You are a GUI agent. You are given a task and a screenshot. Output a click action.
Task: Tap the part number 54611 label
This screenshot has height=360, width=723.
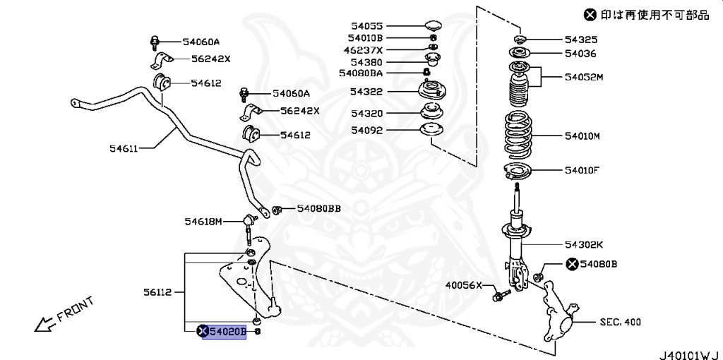point(123,148)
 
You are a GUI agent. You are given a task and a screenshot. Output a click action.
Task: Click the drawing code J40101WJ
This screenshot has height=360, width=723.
point(688,352)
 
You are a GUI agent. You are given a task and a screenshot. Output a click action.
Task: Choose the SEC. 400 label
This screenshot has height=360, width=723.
point(620,322)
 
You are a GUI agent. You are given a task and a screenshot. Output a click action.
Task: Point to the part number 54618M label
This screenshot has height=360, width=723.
point(203,222)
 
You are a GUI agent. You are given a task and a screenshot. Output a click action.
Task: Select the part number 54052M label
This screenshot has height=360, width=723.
point(584,77)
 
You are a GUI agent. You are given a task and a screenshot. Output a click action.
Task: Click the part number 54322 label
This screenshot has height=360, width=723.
point(366,92)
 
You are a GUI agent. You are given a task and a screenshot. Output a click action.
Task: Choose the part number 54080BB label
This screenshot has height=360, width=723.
point(318,208)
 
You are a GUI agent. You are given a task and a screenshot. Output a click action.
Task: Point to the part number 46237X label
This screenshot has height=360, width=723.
point(363,50)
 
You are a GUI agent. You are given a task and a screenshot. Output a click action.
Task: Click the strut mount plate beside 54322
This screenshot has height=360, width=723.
point(431,91)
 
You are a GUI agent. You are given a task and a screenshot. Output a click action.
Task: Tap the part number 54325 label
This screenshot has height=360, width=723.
point(580,40)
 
